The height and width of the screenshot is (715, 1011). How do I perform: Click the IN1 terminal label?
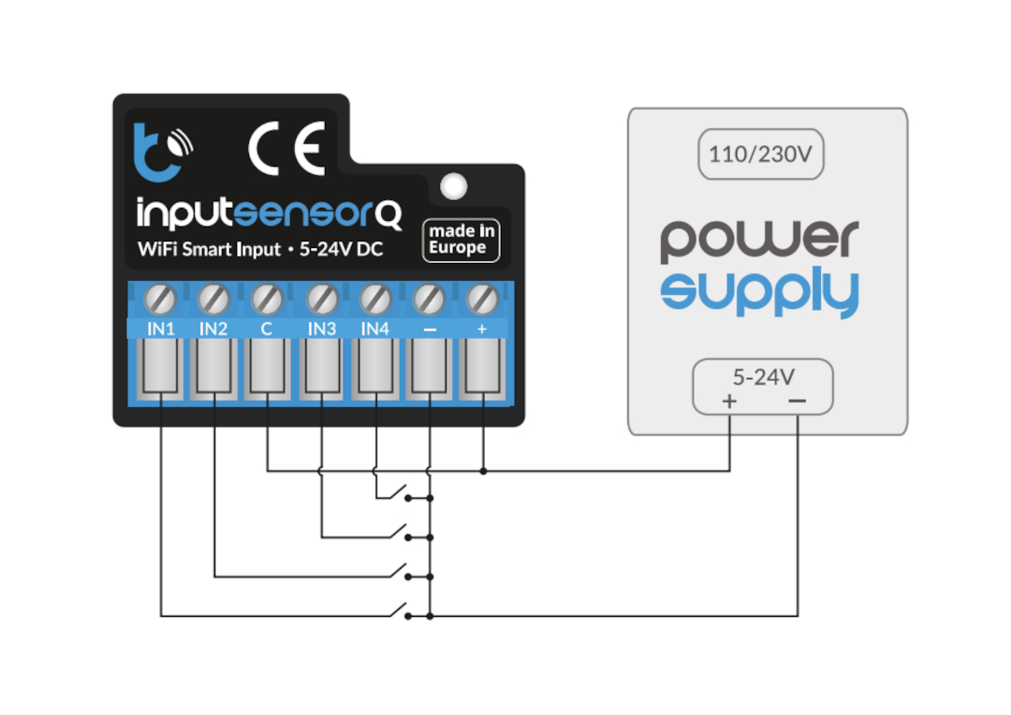[161, 328]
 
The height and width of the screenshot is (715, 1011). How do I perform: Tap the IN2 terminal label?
[214, 328]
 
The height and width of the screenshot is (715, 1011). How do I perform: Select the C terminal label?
[267, 328]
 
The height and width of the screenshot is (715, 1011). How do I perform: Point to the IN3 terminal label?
[321, 328]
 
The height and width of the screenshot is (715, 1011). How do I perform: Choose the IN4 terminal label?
[374, 328]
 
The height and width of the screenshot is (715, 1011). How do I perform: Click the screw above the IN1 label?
[161, 299]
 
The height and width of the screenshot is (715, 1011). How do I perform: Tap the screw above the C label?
[268, 299]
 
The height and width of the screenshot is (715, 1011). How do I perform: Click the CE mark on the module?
[286, 149]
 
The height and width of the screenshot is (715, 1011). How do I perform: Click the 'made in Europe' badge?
[461, 240]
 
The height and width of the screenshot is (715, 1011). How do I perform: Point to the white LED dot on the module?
[454, 185]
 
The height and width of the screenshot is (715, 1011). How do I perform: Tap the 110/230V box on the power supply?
[760, 154]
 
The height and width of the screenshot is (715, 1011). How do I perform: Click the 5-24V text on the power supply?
[763, 377]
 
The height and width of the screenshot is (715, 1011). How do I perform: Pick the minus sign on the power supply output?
[797, 401]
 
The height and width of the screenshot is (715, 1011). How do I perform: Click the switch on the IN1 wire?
[403, 611]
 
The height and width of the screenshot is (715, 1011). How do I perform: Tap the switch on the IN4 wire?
[403, 492]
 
